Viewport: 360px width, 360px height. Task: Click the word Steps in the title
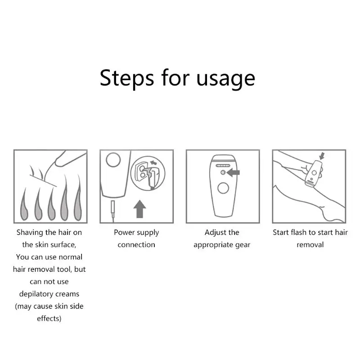click(x=126, y=78)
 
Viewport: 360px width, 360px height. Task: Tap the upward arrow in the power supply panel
click(x=140, y=209)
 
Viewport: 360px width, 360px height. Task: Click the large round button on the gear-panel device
click(x=223, y=188)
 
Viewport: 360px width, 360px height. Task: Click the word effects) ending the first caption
click(x=49, y=318)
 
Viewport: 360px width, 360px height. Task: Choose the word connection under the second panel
click(x=136, y=245)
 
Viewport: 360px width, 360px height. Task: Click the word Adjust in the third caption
click(x=216, y=233)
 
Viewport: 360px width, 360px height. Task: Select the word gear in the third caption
click(x=242, y=245)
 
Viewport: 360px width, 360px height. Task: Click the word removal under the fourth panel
click(x=310, y=245)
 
